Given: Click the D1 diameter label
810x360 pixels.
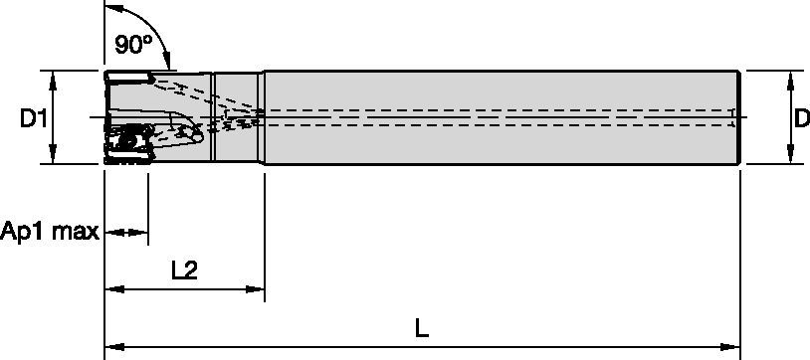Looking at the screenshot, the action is [33, 119].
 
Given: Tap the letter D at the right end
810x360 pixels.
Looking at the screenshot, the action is [801, 118].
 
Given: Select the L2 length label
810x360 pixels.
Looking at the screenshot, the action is [182, 270].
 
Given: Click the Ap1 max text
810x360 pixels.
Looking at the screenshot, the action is [50, 233].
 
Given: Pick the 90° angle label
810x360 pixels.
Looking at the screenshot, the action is [131, 46].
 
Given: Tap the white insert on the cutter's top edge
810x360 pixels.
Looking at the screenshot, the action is [126, 78].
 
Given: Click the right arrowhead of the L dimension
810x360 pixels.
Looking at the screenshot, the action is [733, 347].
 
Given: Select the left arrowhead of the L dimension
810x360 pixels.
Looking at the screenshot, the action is [112, 347].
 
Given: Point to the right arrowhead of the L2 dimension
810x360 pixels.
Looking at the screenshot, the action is [257, 290].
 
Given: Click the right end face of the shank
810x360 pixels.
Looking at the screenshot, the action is [739, 117].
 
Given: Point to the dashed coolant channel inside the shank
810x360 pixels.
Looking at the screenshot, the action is [498, 117].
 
